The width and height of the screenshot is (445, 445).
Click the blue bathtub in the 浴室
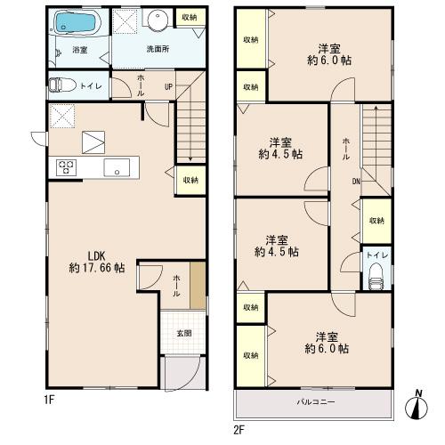click(75, 22)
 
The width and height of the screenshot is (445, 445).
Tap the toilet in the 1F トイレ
click(62, 85)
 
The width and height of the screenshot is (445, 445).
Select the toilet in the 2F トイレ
click(376, 277)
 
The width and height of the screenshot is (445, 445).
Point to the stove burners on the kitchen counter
click(67, 167)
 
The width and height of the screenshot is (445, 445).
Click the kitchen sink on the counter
click(117, 167)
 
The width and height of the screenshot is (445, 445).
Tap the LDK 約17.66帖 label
click(97, 262)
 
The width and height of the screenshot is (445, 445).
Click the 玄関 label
click(184, 333)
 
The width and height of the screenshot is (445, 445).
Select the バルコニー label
click(316, 402)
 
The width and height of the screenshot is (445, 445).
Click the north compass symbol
click(417, 407)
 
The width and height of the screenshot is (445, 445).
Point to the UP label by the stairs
click(168, 87)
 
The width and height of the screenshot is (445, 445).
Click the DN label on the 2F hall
click(356, 182)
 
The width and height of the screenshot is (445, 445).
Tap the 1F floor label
click(49, 400)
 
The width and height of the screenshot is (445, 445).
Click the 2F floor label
click(239, 430)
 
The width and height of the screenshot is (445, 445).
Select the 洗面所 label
click(158, 49)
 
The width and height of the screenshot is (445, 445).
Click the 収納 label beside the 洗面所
click(190, 17)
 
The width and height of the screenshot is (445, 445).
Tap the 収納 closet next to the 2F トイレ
click(376, 221)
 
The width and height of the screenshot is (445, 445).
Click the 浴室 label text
click(80, 50)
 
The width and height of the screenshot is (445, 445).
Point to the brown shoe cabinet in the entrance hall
click(198, 285)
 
